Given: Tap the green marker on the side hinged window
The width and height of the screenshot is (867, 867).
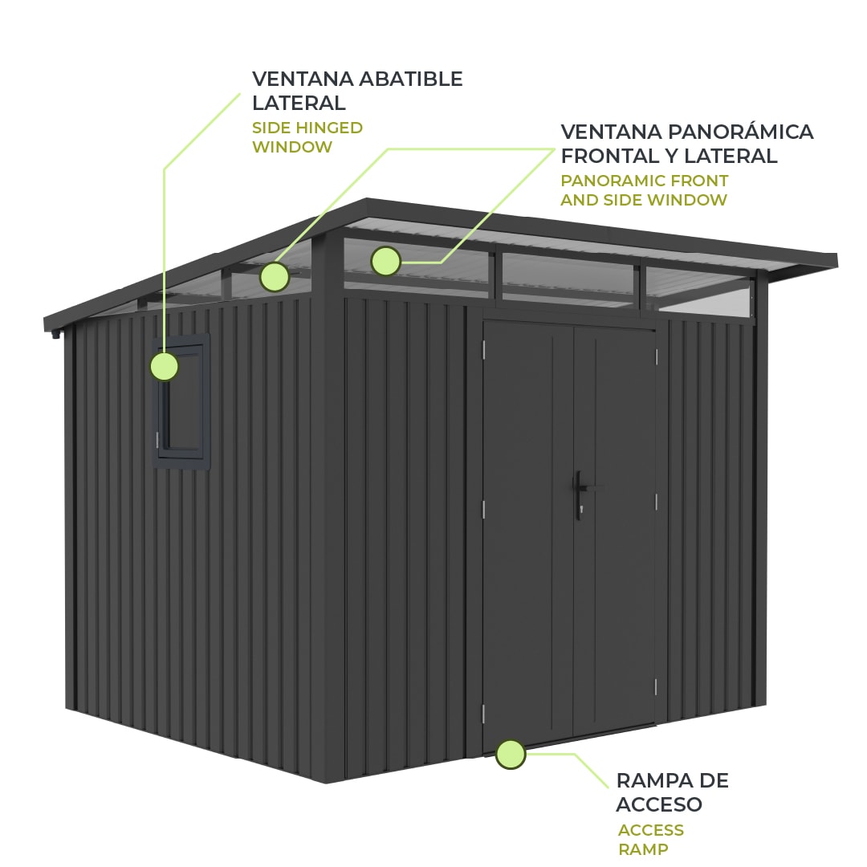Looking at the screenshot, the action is [x=165, y=366].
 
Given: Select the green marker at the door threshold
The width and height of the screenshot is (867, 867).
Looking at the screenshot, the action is [x=511, y=754].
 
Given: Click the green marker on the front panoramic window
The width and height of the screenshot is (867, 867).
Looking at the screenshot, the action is [x=385, y=261].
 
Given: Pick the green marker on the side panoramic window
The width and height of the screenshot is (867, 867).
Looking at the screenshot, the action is [x=275, y=277].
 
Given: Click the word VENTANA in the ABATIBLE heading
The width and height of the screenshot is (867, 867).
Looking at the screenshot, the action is [x=303, y=79].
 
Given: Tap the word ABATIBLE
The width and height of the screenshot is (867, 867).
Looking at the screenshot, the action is [x=411, y=79].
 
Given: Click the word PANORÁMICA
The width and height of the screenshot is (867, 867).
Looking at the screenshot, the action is [x=740, y=132].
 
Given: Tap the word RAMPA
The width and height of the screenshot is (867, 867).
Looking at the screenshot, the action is [x=649, y=781].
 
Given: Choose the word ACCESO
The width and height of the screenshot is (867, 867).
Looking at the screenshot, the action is [x=659, y=804].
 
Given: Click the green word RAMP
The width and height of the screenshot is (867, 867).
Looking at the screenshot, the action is [x=643, y=849].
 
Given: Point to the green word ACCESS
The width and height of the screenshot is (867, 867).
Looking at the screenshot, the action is [x=651, y=830].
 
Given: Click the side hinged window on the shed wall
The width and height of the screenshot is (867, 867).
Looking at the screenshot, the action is [x=181, y=401].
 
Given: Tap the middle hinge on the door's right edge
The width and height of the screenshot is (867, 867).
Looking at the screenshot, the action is [x=657, y=503].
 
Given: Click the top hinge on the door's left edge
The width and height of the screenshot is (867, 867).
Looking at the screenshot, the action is [x=483, y=349].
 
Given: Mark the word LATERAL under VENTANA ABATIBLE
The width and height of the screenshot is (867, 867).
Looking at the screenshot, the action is [x=299, y=104].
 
